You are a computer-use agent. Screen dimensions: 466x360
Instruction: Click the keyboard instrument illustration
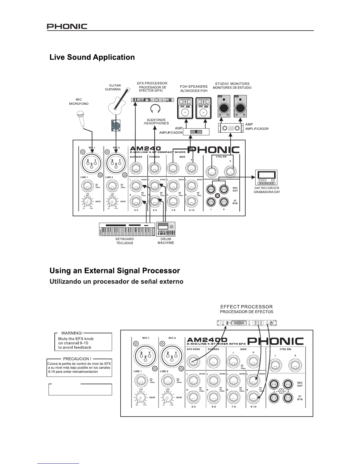(x=127, y=229)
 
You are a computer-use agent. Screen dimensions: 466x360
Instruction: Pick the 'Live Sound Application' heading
(x=92, y=57)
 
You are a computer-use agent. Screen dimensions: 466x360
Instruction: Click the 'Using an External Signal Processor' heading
(x=115, y=270)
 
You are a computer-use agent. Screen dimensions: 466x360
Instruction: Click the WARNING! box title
(x=72, y=333)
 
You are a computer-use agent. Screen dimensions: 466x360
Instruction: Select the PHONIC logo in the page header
(x=67, y=26)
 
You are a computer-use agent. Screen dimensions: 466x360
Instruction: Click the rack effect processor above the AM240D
(x=247, y=323)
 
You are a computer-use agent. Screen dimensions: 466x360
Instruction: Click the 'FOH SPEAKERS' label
(x=194, y=86)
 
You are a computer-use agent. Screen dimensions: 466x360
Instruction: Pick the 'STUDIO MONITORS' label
(x=232, y=84)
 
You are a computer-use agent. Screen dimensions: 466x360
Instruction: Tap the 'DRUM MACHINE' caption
(x=166, y=241)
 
